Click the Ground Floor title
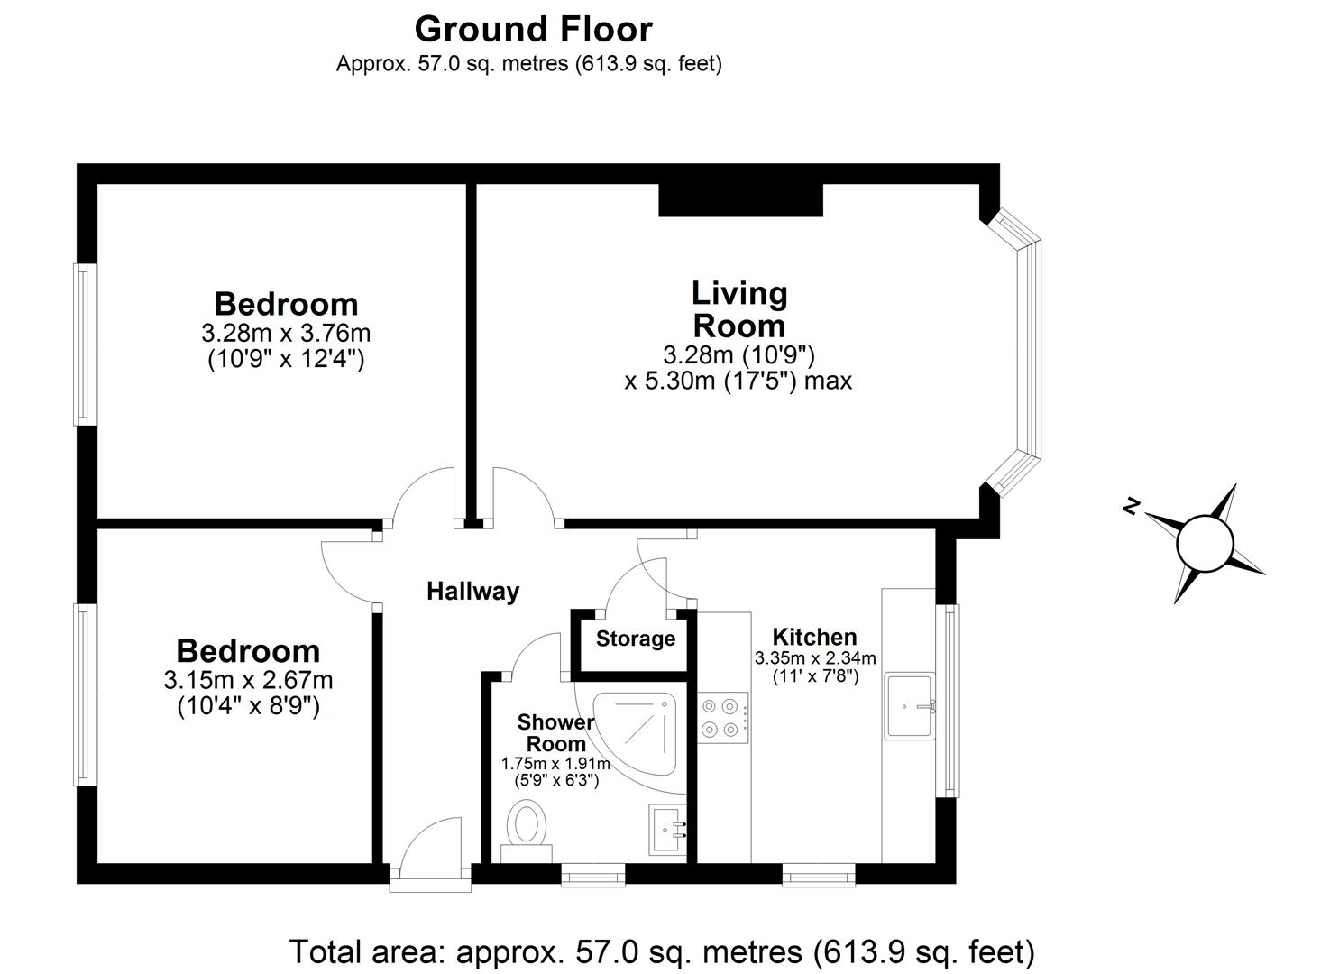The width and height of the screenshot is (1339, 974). (x=533, y=30)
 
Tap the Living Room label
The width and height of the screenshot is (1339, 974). (x=738, y=308)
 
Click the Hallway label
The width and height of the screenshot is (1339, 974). (x=472, y=592)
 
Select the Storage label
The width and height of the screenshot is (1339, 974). (x=636, y=639)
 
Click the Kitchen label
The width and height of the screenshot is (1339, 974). (x=814, y=637)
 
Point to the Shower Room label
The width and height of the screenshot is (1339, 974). (x=555, y=733)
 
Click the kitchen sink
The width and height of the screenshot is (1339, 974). (x=910, y=705)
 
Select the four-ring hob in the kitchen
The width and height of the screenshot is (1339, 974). (x=723, y=718)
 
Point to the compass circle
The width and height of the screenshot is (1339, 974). (x=1204, y=543)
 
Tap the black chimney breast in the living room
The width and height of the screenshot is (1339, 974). (x=740, y=200)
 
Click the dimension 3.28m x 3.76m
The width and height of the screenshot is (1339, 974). (x=286, y=333)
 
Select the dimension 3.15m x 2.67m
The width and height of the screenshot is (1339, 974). (x=248, y=679)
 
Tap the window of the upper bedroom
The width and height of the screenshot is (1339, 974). (x=85, y=344)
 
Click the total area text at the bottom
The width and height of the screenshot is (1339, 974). (x=661, y=951)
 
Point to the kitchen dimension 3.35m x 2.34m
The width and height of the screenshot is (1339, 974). (x=814, y=658)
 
